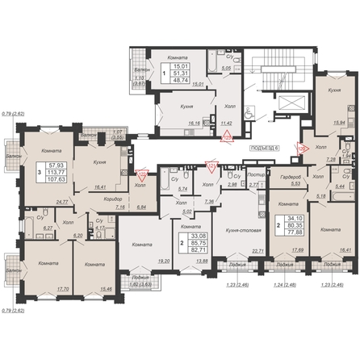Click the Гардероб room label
click(290, 178)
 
